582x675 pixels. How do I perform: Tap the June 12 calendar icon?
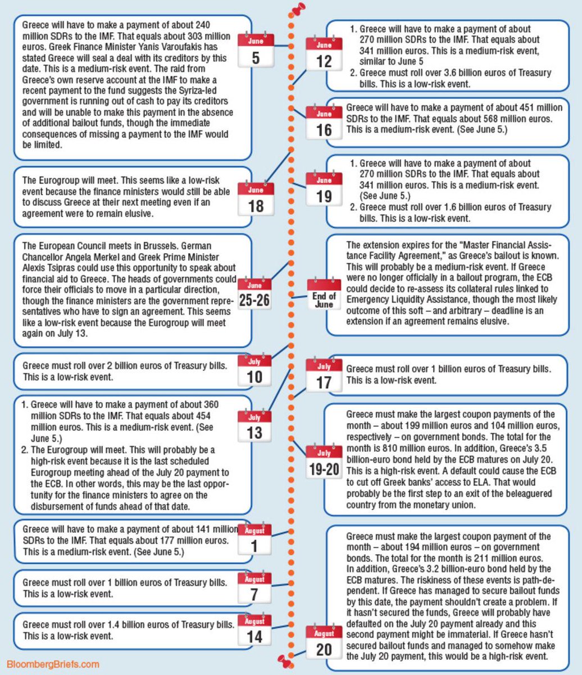tap(324, 53)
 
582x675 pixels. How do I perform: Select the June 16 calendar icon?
tap(324, 123)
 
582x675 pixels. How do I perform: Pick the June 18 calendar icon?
tap(256, 199)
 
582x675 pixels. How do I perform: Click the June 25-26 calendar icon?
tap(254, 294)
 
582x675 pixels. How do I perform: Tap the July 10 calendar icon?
tap(254, 370)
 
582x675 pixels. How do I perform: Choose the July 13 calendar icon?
tap(254, 426)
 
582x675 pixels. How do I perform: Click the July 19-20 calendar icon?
tap(324, 462)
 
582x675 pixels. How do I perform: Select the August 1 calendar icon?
tap(254, 539)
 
